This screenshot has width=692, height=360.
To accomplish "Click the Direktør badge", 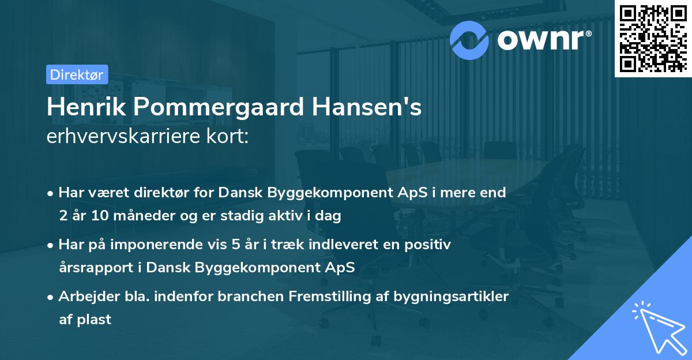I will [x=77, y=74].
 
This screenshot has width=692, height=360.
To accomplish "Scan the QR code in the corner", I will [x=653, y=38].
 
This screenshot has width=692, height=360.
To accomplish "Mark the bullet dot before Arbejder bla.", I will [x=51, y=297].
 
